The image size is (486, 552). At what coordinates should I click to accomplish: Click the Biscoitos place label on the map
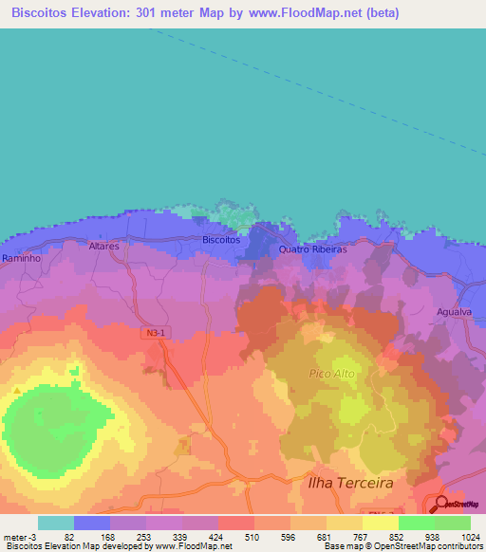(221, 240)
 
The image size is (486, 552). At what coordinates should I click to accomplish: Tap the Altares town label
(103, 246)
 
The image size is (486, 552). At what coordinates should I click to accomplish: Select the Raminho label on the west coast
(20, 258)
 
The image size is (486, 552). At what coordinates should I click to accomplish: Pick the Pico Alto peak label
(332, 374)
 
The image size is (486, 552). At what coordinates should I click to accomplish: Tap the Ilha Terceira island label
(350, 483)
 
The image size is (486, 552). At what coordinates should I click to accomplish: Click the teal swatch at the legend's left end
(55, 523)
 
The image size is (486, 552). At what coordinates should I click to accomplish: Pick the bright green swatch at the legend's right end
(452, 523)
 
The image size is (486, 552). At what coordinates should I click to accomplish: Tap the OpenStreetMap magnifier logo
(443, 505)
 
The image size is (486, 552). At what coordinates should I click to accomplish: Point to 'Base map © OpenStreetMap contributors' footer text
(401, 546)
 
